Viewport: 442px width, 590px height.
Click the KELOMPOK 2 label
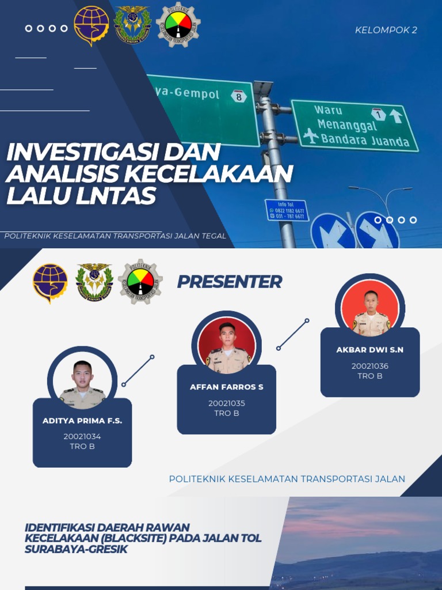(386, 30)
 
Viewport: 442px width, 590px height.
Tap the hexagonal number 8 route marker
(239, 96)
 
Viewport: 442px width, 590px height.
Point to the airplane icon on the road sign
(311, 136)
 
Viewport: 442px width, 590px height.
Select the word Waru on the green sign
(328, 110)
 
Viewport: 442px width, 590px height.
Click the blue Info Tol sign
(287, 210)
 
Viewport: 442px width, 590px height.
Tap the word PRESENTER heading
(229, 282)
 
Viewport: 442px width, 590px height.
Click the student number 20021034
(82, 436)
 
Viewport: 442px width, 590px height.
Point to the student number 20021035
(227, 403)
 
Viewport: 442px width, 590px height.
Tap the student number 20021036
(370, 366)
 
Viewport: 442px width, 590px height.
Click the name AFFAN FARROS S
(227, 387)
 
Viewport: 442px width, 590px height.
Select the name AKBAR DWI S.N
(370, 350)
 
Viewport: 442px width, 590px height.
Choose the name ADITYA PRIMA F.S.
(82, 421)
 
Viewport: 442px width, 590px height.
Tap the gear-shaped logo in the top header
(177, 24)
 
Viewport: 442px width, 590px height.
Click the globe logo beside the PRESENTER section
(50, 282)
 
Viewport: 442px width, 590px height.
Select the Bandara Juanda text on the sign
(365, 140)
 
